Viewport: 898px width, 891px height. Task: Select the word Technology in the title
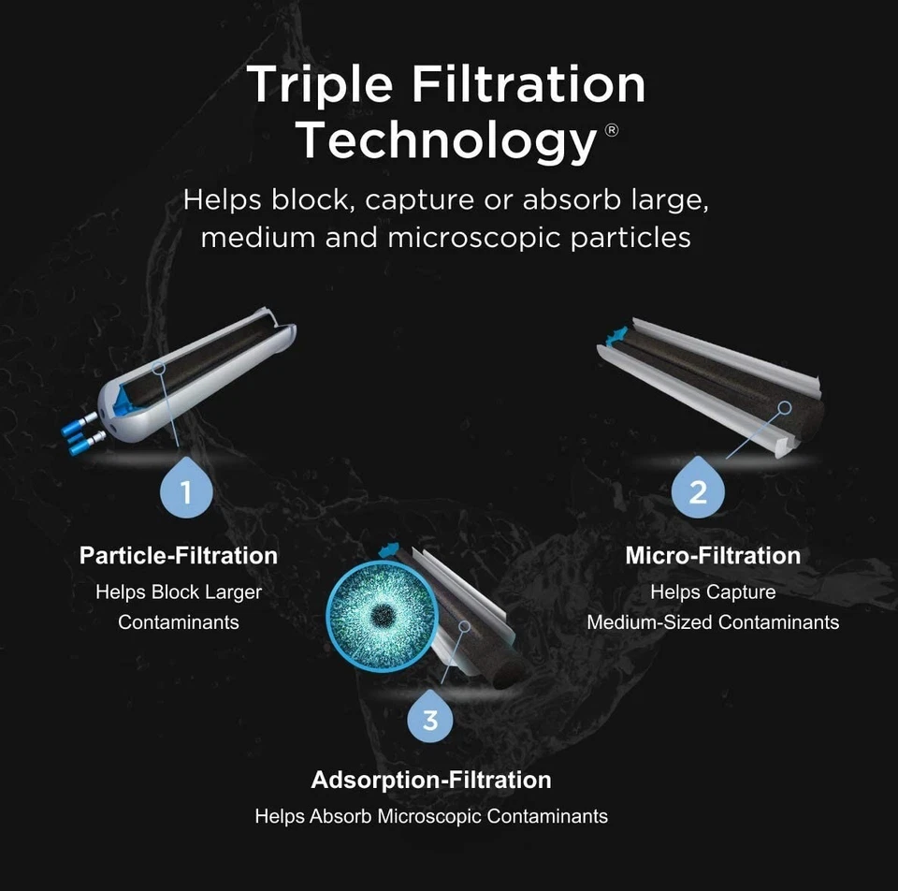(446, 140)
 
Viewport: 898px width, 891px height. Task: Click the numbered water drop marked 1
(185, 489)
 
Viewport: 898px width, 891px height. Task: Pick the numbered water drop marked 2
(698, 489)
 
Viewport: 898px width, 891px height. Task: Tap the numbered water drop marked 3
(430, 718)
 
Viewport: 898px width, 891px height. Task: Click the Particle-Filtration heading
(179, 555)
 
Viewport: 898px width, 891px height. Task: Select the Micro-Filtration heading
(713, 555)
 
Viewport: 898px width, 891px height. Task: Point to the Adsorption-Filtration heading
(431, 780)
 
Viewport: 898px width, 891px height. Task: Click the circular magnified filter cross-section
(381, 615)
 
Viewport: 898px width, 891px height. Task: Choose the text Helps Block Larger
(179, 592)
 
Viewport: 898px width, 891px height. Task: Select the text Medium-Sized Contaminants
(713, 621)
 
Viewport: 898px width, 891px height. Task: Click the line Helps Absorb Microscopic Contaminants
(431, 816)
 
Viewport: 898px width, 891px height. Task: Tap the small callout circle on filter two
(785, 408)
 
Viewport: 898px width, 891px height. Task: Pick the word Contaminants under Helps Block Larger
(179, 621)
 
